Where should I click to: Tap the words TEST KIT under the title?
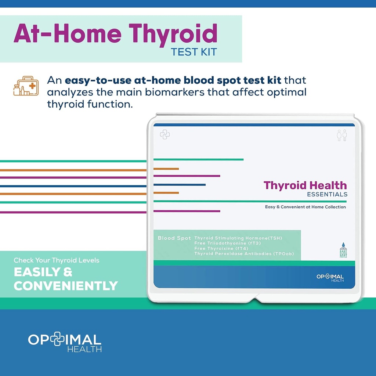pos(194,52)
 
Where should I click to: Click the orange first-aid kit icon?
pos(26,86)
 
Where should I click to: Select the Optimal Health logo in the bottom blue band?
pos(65,342)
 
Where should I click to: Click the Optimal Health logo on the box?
pos(330,278)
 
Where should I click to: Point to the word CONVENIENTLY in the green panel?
pos(66,286)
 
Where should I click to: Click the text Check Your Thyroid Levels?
pos(57,260)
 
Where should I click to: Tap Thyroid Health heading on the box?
pos(305,185)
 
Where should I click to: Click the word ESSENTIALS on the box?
pos(327,194)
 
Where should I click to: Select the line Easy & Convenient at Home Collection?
pos(305,207)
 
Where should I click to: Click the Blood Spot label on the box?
pos(174,238)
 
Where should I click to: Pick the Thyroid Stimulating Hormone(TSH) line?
pos(238,238)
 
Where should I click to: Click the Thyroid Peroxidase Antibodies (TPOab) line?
pos(244,253)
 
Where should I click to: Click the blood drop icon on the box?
pos(343,245)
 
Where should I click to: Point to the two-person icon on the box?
pos(341,135)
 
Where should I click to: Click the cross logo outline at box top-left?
pos(164,134)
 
